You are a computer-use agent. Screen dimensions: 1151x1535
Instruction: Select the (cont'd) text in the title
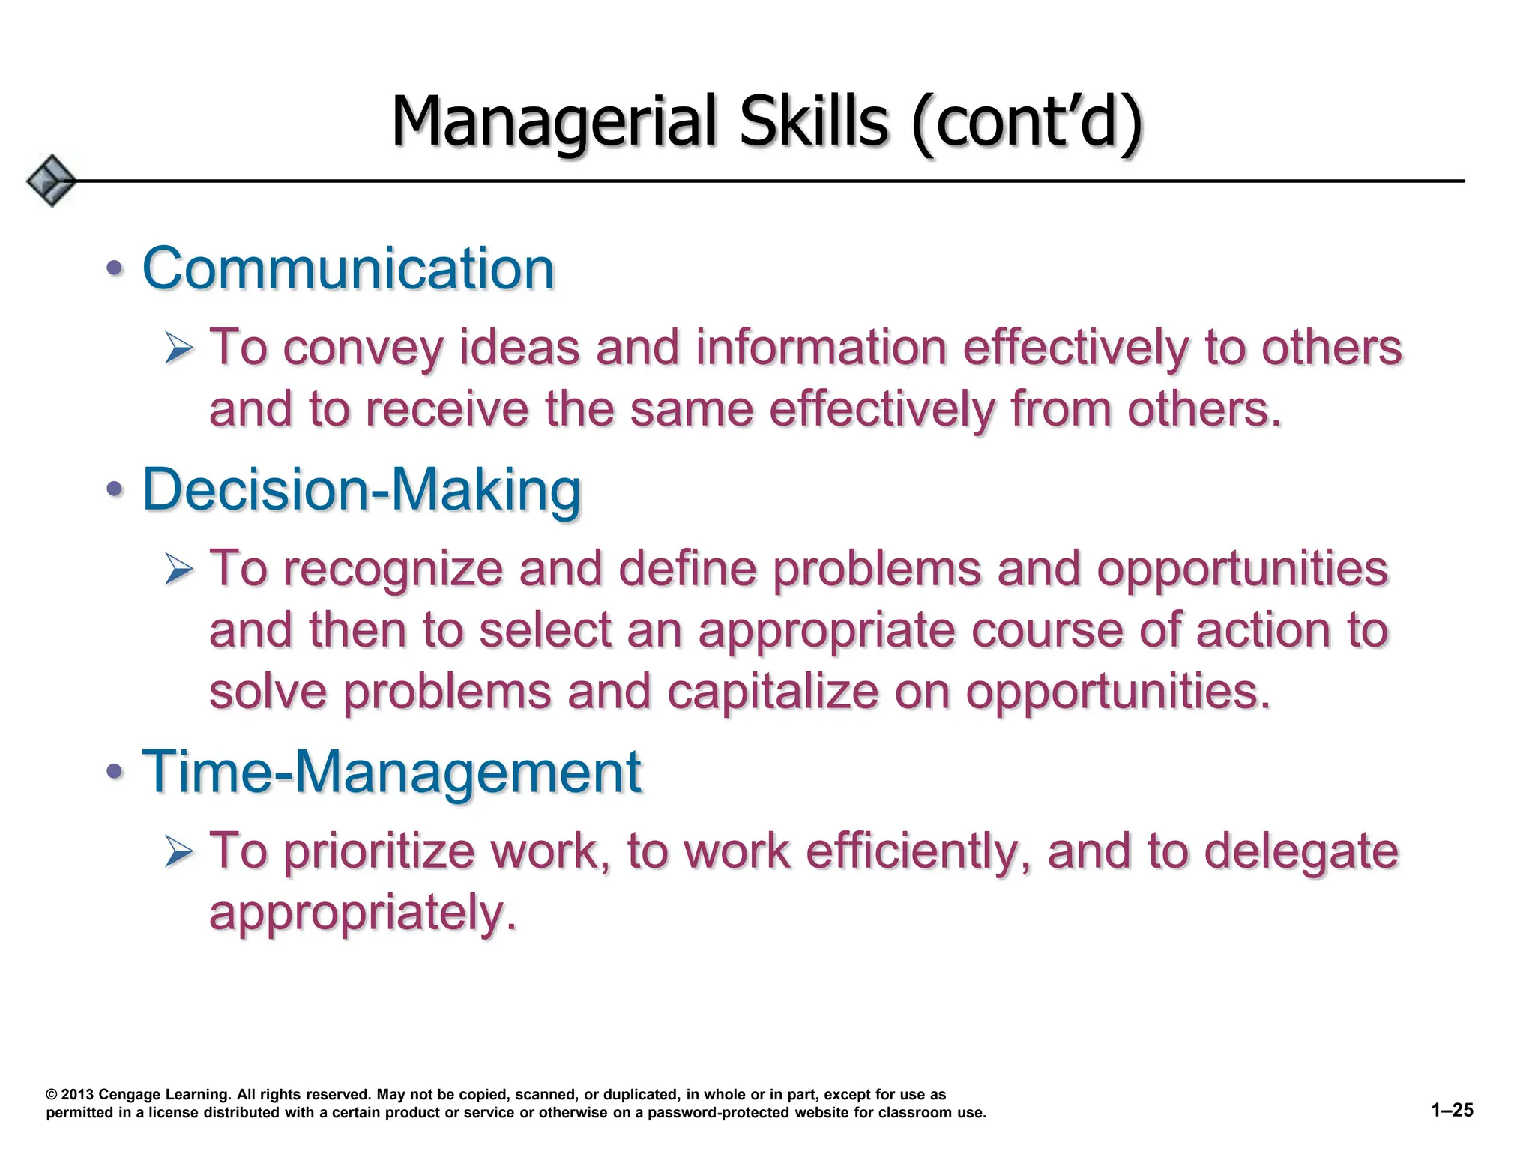1027,123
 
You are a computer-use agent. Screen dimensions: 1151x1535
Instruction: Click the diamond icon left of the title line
51,181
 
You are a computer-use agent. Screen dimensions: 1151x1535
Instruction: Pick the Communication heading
349,268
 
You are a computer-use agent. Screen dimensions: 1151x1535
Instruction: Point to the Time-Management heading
392,771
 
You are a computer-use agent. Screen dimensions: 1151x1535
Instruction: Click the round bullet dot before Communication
114,268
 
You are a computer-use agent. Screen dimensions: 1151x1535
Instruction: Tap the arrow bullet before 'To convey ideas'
180,349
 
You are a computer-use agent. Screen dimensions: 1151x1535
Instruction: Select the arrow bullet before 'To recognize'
180,570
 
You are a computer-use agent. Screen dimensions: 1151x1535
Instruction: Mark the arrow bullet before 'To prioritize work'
180,852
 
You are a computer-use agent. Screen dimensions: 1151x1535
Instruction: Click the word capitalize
773,691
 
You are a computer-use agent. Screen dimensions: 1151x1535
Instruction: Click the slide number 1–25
1452,1111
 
